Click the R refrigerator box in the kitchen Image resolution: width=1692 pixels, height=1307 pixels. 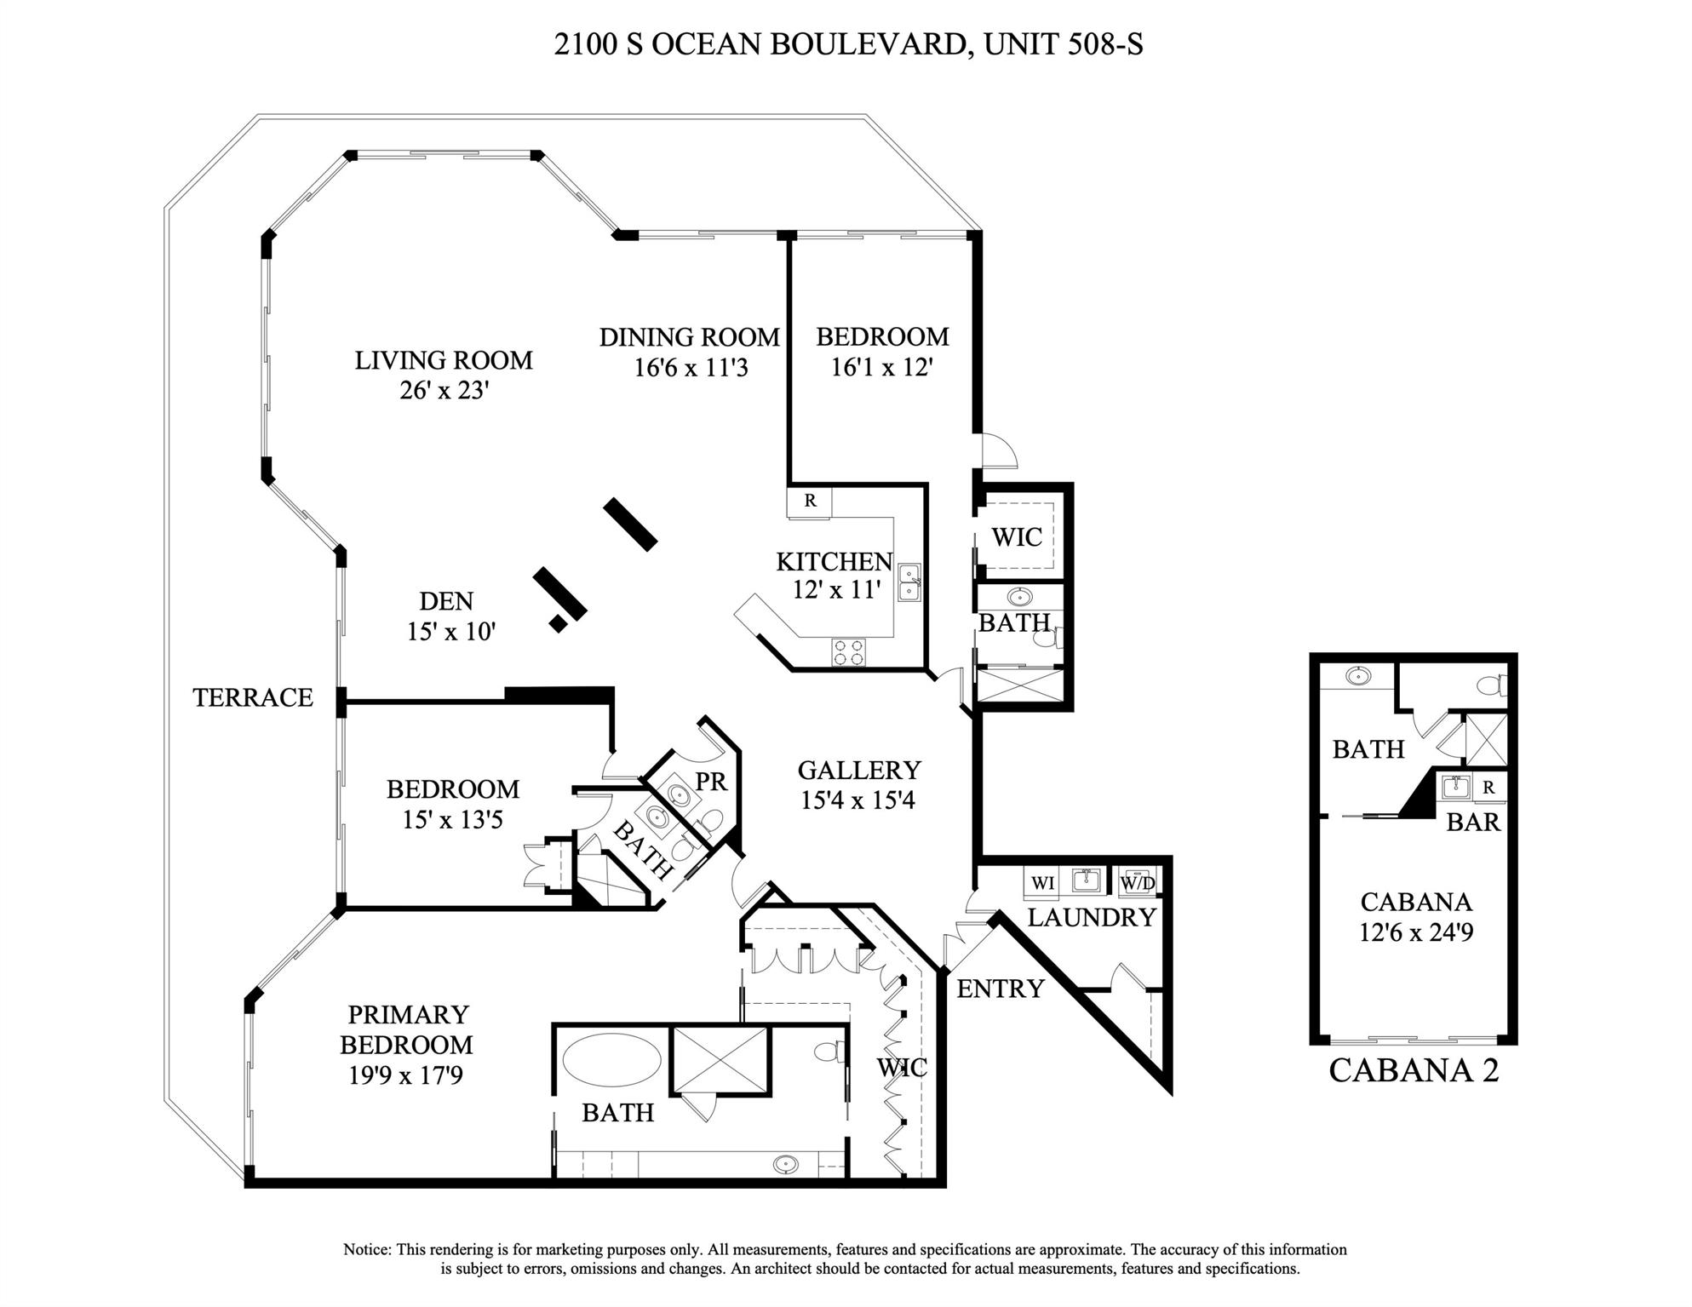click(x=809, y=502)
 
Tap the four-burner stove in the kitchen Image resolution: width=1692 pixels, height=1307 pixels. click(x=848, y=653)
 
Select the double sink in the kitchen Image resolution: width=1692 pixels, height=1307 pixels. click(x=909, y=582)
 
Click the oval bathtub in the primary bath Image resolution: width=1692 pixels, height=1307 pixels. click(x=611, y=1060)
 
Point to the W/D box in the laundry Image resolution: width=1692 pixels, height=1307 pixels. click(x=1137, y=883)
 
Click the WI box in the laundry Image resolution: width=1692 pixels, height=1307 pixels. click(x=1042, y=883)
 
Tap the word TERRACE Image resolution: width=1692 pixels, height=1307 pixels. click(x=253, y=698)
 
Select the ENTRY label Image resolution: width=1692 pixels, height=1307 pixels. click(x=1000, y=989)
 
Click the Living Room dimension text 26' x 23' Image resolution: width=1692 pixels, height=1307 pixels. click(x=444, y=391)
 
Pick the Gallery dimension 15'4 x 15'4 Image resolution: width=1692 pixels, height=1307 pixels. click(x=857, y=801)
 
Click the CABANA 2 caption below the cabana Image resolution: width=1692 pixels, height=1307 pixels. click(x=1413, y=1071)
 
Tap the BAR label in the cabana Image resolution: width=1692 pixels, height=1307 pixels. click(x=1472, y=823)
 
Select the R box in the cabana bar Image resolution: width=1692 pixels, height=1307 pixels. click(x=1488, y=788)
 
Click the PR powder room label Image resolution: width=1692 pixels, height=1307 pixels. click(x=711, y=782)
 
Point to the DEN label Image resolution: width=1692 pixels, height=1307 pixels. click(x=445, y=602)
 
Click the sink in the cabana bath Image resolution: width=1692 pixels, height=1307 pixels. click(x=1358, y=677)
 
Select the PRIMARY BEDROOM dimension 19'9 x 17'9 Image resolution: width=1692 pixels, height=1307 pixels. click(x=405, y=1076)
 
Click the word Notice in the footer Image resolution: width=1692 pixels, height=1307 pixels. click(x=366, y=1250)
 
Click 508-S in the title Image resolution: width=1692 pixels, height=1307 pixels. click(x=1104, y=44)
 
